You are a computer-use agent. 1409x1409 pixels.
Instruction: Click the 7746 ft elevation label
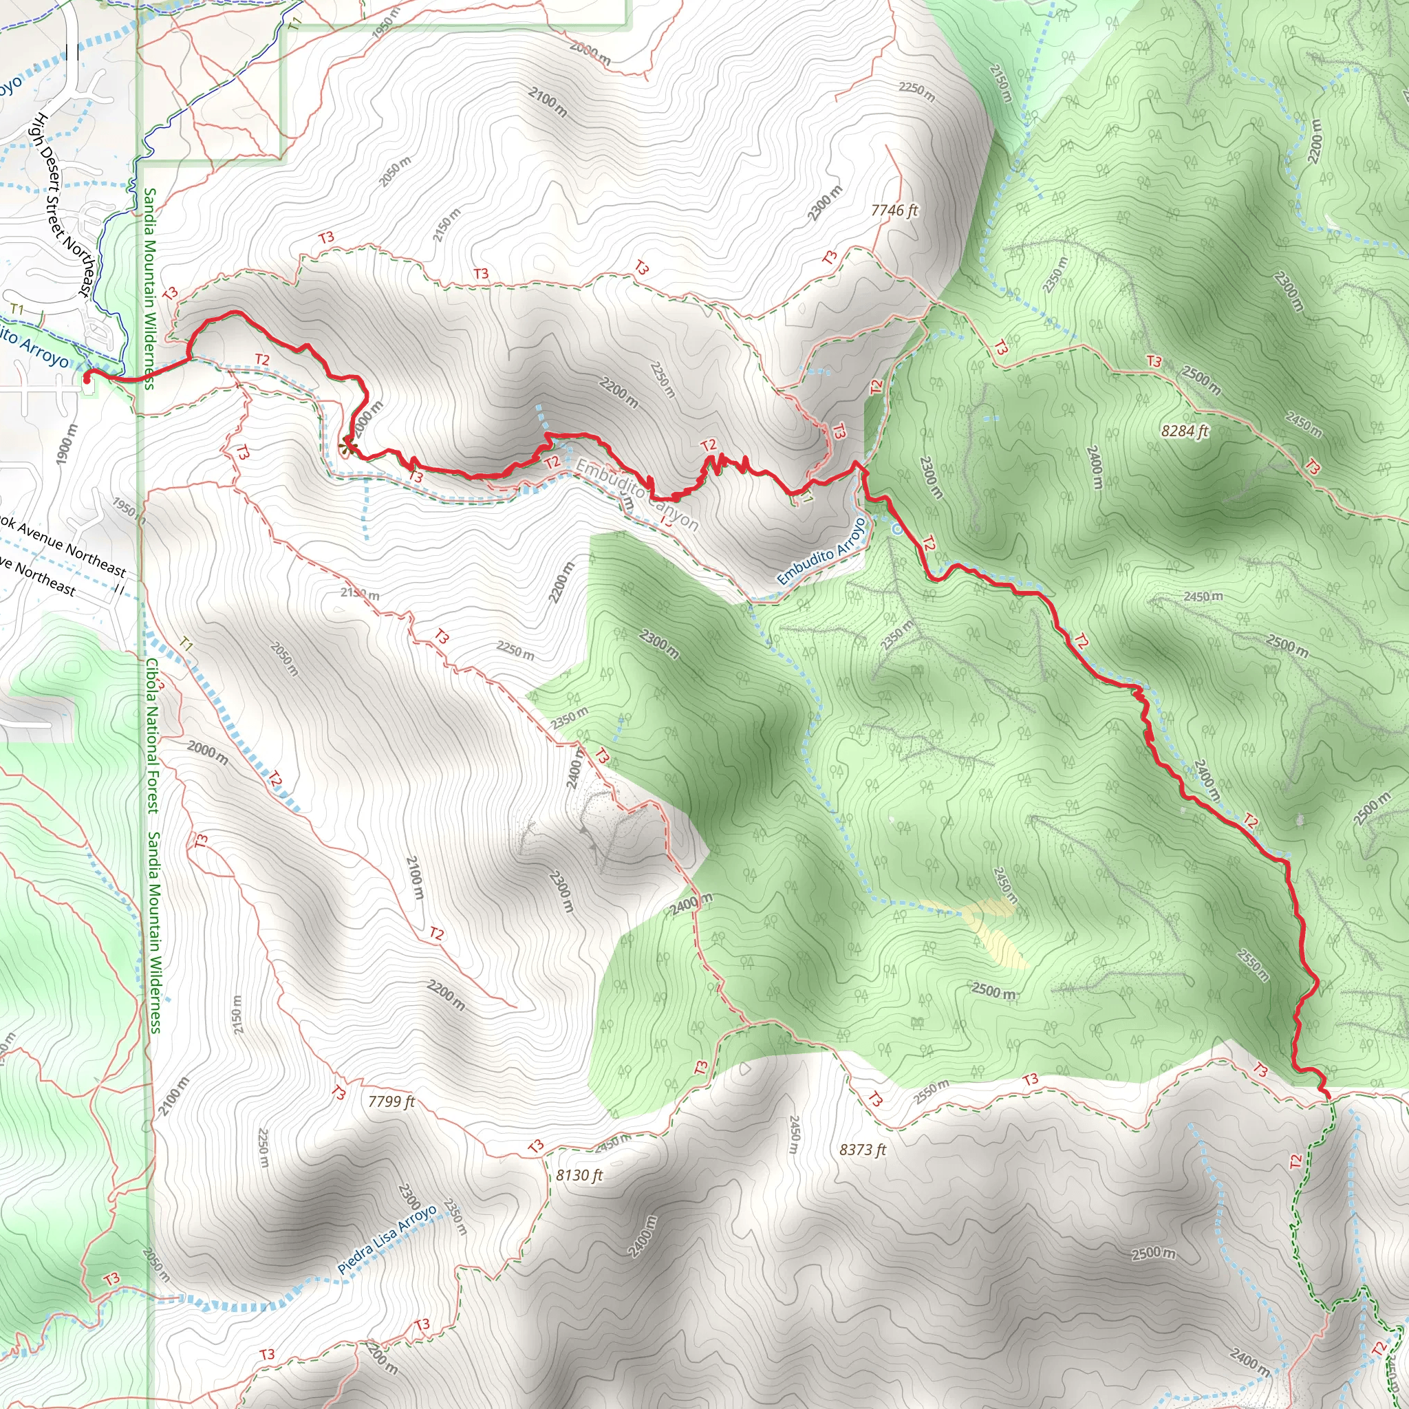click(894, 211)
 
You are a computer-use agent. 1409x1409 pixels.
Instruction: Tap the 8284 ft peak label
click(1185, 431)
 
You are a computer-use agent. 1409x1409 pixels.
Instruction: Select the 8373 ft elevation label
click(862, 1150)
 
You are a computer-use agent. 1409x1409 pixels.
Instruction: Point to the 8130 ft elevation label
click(579, 1175)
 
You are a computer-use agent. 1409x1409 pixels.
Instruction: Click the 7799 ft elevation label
click(391, 1101)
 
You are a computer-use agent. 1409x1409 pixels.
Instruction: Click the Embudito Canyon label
click(636, 495)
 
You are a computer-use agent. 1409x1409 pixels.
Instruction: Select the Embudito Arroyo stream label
click(821, 551)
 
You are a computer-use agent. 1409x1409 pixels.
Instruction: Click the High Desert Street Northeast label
click(64, 205)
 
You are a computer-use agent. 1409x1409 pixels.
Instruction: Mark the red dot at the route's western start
click(87, 379)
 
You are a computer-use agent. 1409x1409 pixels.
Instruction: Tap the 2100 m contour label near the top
click(548, 102)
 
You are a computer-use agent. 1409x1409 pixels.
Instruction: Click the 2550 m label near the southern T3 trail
click(932, 1092)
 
